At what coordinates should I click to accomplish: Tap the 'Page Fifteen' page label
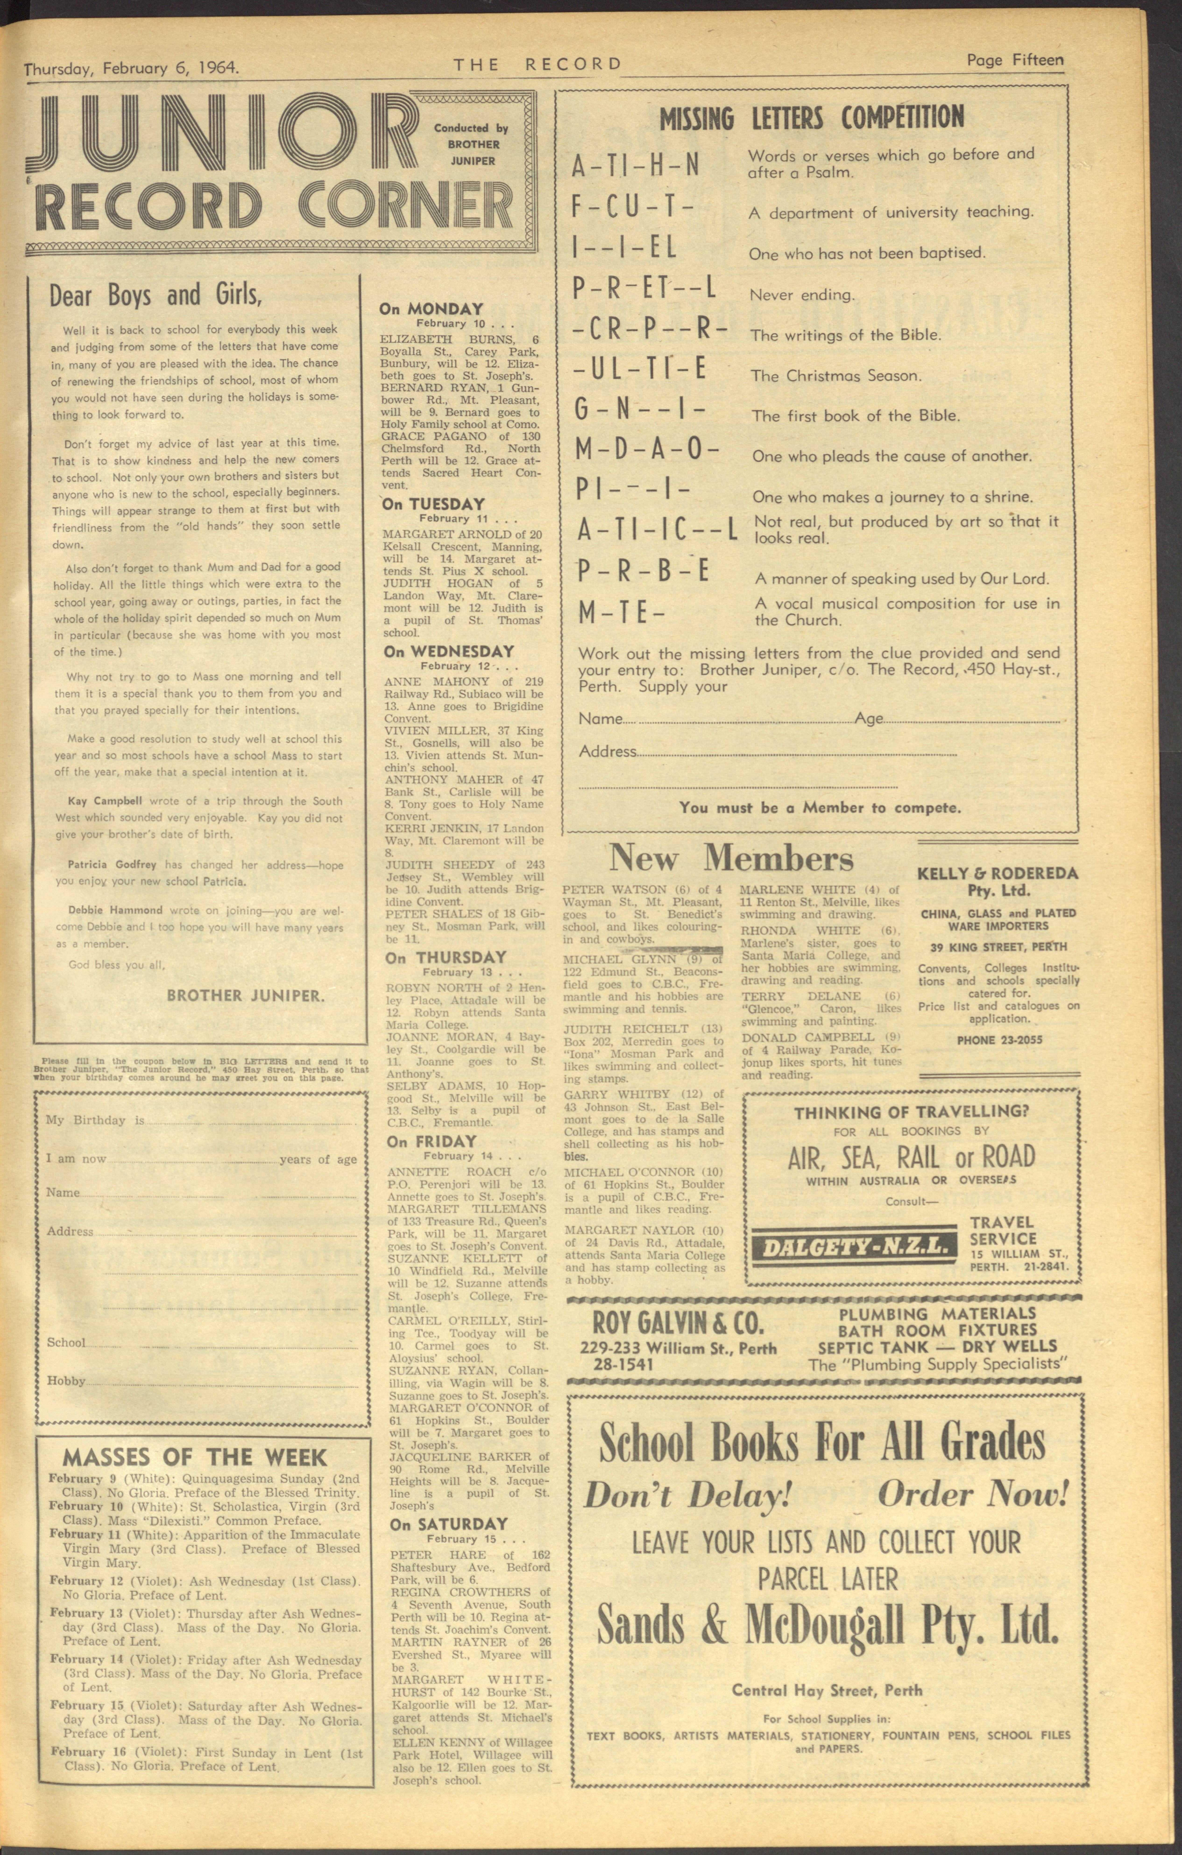coord(1016,60)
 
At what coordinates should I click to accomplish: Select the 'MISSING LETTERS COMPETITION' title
coord(811,118)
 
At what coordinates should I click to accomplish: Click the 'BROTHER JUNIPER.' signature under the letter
coord(246,995)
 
